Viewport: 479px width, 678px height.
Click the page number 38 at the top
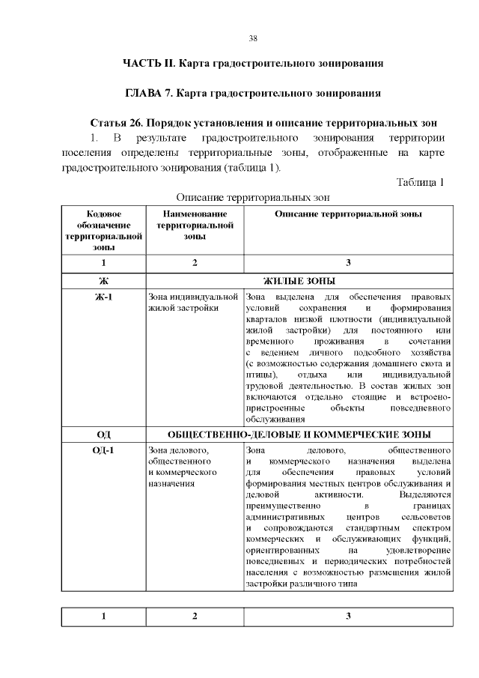point(253,38)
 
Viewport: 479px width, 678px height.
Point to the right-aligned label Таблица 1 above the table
point(421,182)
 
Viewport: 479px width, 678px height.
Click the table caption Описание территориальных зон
point(253,197)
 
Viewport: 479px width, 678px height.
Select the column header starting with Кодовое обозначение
point(103,230)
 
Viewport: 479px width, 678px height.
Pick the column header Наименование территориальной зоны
point(194,225)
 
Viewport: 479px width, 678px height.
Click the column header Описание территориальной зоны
point(348,214)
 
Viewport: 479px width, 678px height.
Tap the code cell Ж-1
point(103,297)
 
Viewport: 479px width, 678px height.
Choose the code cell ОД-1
point(103,450)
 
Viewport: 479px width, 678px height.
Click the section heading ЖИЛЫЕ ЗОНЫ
point(299,281)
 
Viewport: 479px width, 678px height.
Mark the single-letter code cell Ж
point(103,281)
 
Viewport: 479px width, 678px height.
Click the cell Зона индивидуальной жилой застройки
point(193,302)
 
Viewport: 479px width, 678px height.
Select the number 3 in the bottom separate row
point(348,617)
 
